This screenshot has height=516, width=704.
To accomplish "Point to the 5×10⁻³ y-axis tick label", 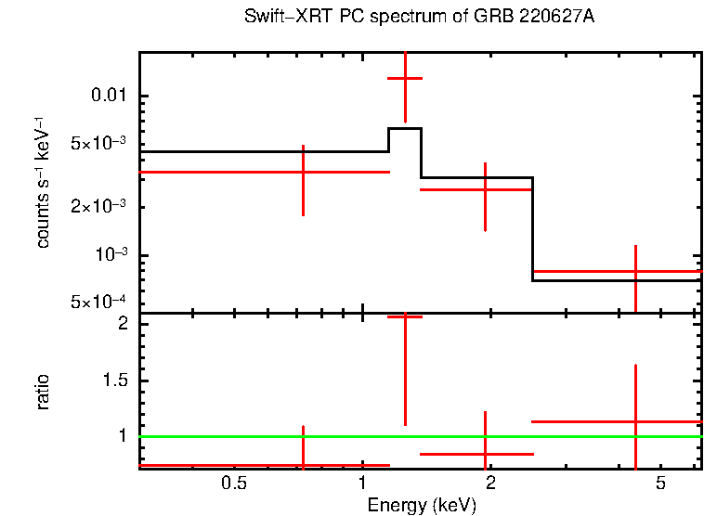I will tap(100, 144).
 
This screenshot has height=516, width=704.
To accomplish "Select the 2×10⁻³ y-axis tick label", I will tap(100, 207).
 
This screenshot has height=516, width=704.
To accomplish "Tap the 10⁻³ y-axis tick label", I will tap(111, 255).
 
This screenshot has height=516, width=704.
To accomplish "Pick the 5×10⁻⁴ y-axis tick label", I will tap(100, 303).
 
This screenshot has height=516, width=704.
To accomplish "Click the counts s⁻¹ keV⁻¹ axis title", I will tap(43, 182).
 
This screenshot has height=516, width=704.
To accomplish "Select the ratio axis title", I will tap(43, 392).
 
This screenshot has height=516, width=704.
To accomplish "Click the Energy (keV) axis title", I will tap(422, 505).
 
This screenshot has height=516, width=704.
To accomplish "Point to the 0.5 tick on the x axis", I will tap(234, 484).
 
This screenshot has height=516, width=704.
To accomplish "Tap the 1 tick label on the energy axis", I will tap(362, 484).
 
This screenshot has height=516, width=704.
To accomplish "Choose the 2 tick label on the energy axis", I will tap(490, 484).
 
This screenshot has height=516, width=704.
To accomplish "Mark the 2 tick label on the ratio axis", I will tap(123, 324).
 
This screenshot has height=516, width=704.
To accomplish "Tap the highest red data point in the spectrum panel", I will tap(405, 79).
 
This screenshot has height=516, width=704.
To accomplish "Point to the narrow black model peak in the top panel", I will tap(405, 128).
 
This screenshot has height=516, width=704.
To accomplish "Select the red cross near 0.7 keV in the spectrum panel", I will tap(303, 172).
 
